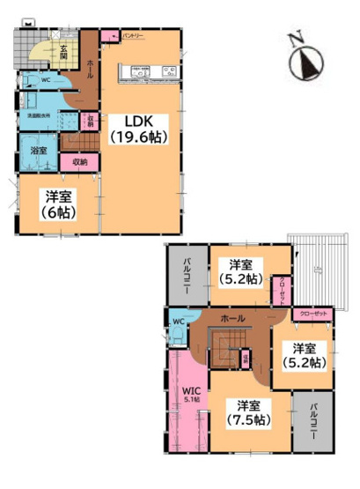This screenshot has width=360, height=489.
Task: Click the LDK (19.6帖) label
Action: (138, 128)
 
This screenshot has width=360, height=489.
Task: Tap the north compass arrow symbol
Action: (305, 59)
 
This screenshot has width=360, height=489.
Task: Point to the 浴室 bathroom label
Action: (39, 151)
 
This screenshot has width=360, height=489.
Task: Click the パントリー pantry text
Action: (133, 35)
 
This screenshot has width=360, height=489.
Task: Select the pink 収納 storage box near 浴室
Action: (79, 161)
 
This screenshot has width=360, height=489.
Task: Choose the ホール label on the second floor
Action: (233, 317)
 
